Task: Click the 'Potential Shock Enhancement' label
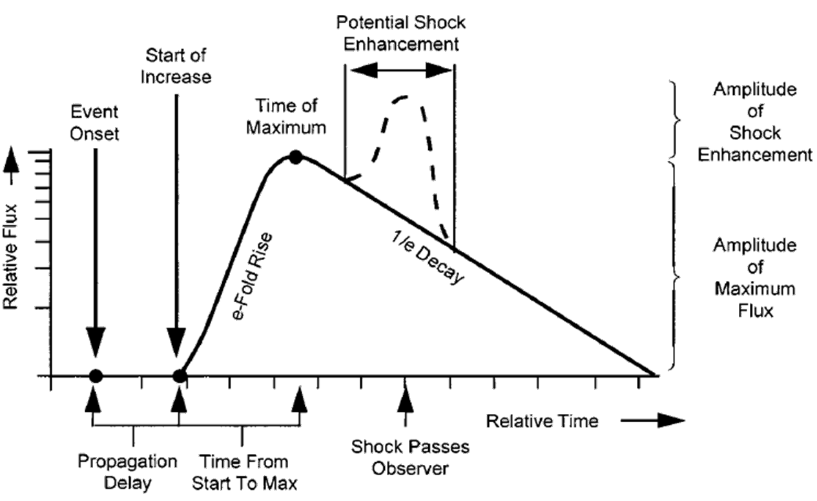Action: point(401,33)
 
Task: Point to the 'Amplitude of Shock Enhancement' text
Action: point(754,122)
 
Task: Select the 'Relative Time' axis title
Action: point(542,422)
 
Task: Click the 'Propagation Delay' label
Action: point(127,472)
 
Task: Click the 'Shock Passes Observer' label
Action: point(409,457)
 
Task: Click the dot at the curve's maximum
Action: point(295,157)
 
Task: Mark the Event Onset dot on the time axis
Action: point(95,375)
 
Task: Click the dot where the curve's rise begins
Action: point(180,375)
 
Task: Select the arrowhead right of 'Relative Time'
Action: point(672,422)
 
